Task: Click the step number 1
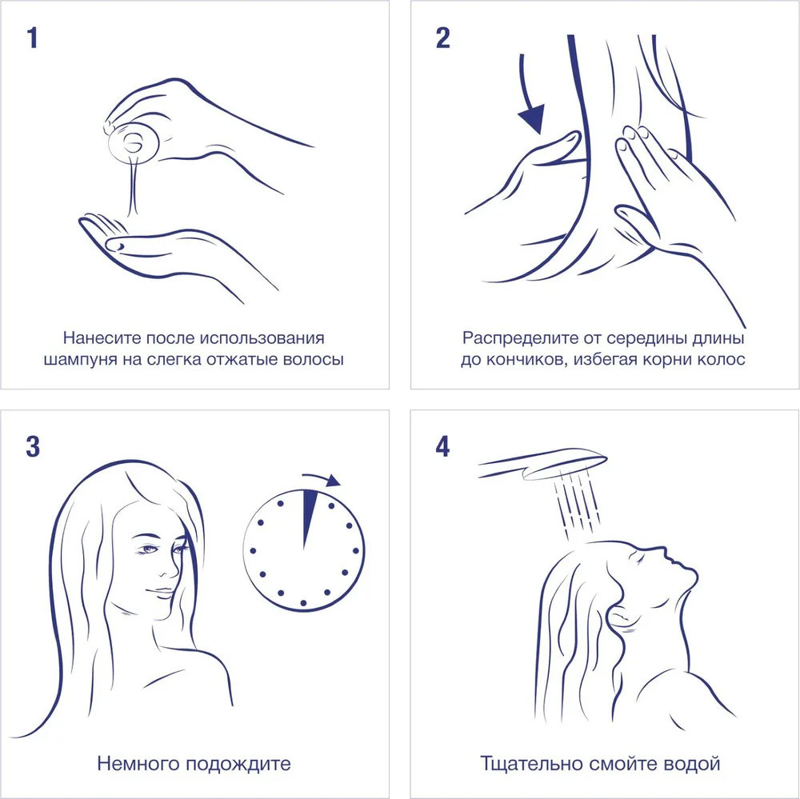coord(33,38)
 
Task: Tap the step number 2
coord(443,38)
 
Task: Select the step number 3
coord(33,446)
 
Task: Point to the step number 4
coord(443,446)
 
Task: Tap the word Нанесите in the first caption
coord(102,338)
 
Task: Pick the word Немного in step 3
coord(138,764)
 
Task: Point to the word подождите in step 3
coord(238,764)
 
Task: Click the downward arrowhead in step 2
coord(532,118)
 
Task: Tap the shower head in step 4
coord(543,464)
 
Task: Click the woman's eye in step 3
coord(149,549)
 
